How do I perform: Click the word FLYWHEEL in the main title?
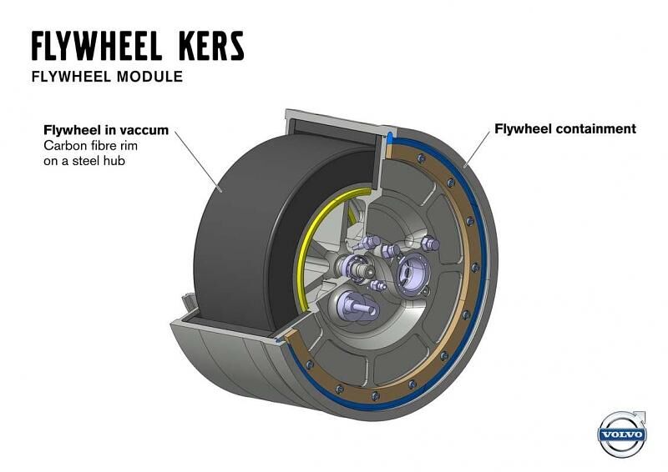[x=96, y=45]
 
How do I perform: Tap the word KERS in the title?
[x=211, y=45]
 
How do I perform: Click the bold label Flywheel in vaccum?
[x=106, y=130]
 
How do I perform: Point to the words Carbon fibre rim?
[x=90, y=146]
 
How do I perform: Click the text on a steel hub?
[x=84, y=161]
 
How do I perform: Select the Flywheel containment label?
[x=565, y=128]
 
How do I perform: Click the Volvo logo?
[x=622, y=434]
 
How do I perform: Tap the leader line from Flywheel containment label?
[x=477, y=148]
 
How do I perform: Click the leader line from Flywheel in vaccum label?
[x=198, y=161]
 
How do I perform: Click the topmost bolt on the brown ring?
[x=422, y=158]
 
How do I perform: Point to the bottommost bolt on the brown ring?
[x=375, y=396]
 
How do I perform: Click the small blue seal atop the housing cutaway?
[x=389, y=137]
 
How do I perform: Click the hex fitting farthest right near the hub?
[x=429, y=244]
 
